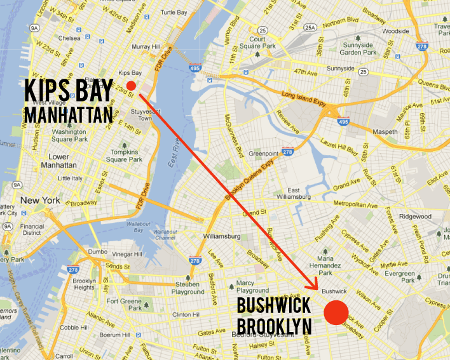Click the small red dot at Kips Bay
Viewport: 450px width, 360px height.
pos(130,85)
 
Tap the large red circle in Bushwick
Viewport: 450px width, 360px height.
pos(336,312)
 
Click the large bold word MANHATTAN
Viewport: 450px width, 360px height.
pos(69,115)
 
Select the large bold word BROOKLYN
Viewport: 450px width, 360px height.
pos(274,326)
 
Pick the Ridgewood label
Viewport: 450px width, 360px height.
pos(415,217)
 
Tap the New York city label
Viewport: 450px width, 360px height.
pos(40,200)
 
